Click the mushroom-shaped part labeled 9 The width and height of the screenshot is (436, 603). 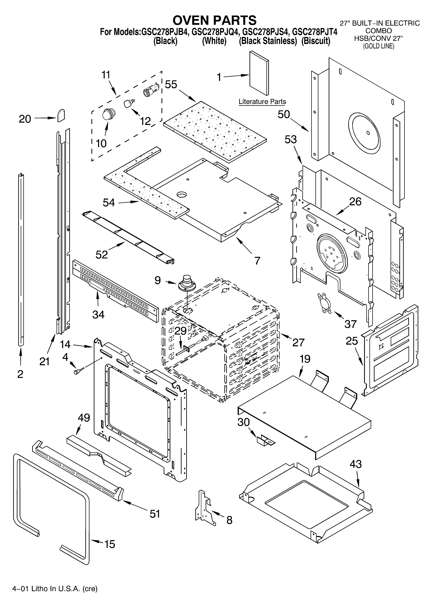[x=187, y=282]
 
